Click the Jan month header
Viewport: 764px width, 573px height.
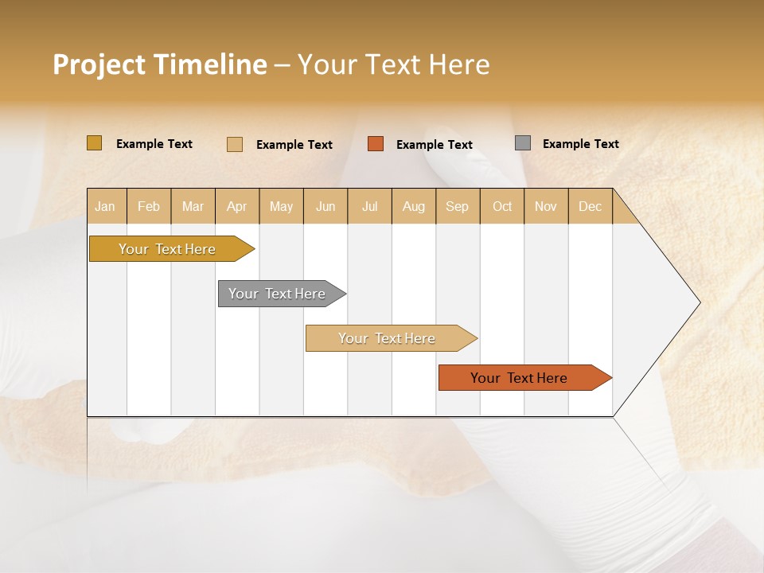point(105,206)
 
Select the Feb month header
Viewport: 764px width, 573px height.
point(149,206)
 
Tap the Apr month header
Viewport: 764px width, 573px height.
point(236,206)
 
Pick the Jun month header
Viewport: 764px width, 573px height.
point(325,206)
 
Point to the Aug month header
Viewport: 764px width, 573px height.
point(413,206)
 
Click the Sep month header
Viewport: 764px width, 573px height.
point(457,206)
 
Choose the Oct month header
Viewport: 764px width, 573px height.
point(502,206)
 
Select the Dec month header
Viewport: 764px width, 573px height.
point(590,206)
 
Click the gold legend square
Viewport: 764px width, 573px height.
point(94,143)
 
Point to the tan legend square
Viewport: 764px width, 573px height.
point(235,144)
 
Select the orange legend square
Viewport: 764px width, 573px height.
point(376,144)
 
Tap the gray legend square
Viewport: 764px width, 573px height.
point(523,143)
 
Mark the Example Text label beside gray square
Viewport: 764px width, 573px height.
point(580,144)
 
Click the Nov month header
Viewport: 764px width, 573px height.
point(545,206)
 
